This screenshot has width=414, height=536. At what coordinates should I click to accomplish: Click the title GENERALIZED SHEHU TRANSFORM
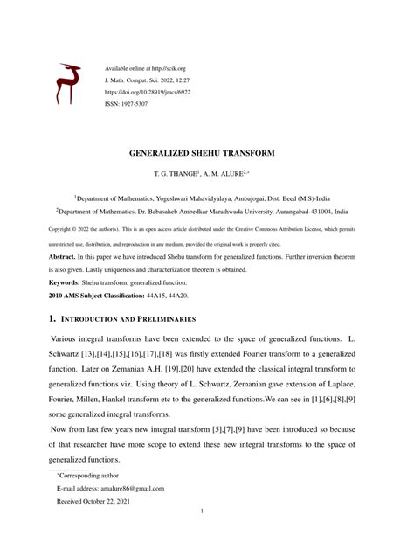click(206, 151)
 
